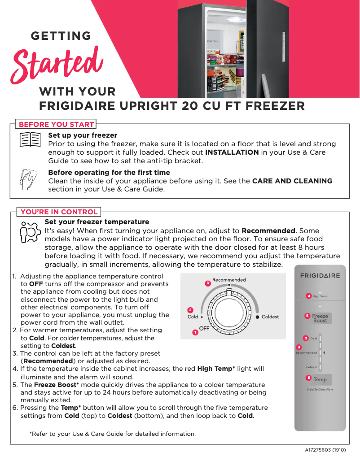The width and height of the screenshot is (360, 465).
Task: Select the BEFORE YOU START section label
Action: pos(56,124)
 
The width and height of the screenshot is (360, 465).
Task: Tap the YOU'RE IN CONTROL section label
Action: pos(59,212)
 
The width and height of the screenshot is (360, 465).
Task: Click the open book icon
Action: pos(30,139)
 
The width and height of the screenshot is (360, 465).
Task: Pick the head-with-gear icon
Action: pos(29,231)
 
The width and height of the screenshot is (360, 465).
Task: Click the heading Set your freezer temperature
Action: pos(97,222)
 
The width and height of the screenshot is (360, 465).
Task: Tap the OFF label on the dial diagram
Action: pos(204,329)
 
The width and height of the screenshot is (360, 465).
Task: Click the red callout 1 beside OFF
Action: pos(195,332)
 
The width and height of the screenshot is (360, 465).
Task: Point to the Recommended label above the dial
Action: pos(229,280)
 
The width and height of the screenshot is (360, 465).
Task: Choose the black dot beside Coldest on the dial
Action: pos(258,317)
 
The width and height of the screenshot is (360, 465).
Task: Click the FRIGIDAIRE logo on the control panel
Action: pos(320,276)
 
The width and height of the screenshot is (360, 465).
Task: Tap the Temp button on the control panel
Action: pos(320,379)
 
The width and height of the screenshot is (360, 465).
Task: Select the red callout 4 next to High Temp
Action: pos(308,296)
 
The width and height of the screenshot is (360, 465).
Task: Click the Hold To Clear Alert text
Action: pos(320,390)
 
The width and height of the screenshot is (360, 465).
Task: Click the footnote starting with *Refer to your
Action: pos(112,434)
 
